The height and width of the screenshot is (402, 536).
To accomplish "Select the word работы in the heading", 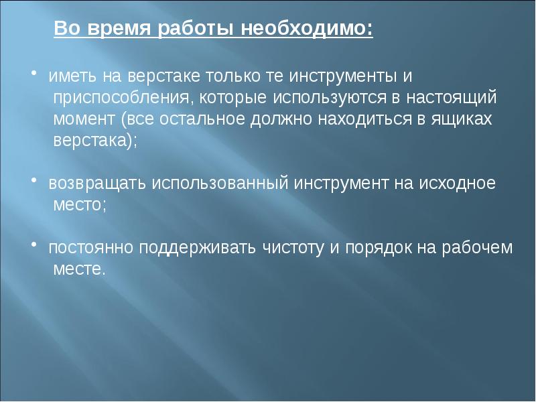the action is pyautogui.click(x=196, y=29).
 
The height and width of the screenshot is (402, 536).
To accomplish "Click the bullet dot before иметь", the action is pyautogui.click(x=34, y=72).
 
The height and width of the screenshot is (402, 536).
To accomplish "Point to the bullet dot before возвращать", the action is pyautogui.click(x=34, y=180).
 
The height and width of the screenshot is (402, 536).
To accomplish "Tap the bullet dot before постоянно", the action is pyautogui.click(x=34, y=244).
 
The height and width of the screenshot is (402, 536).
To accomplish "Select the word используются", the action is pyautogui.click(x=329, y=98).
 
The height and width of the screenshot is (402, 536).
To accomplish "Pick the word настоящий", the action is pyautogui.click(x=451, y=98).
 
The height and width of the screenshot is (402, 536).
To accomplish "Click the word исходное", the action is pyautogui.click(x=458, y=183).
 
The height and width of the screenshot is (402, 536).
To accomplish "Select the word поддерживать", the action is pyautogui.click(x=197, y=248).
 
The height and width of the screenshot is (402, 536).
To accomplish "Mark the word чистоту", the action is pyautogui.click(x=293, y=248).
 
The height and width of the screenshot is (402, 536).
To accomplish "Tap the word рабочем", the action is pyautogui.click(x=477, y=248).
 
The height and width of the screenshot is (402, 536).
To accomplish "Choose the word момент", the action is pyautogui.click(x=84, y=119).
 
